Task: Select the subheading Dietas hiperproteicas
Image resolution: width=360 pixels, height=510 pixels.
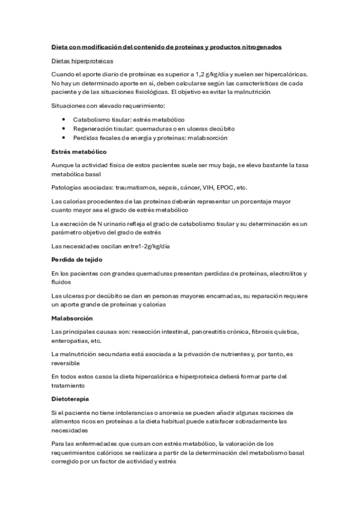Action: (82, 61)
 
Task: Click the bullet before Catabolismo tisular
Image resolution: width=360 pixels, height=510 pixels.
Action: (64, 120)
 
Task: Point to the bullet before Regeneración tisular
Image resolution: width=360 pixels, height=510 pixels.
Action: (64, 129)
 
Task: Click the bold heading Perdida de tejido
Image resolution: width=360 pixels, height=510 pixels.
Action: (77, 259)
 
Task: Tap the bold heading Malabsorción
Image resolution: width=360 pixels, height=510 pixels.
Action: (72, 318)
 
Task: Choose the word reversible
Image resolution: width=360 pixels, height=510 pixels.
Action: (66, 363)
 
